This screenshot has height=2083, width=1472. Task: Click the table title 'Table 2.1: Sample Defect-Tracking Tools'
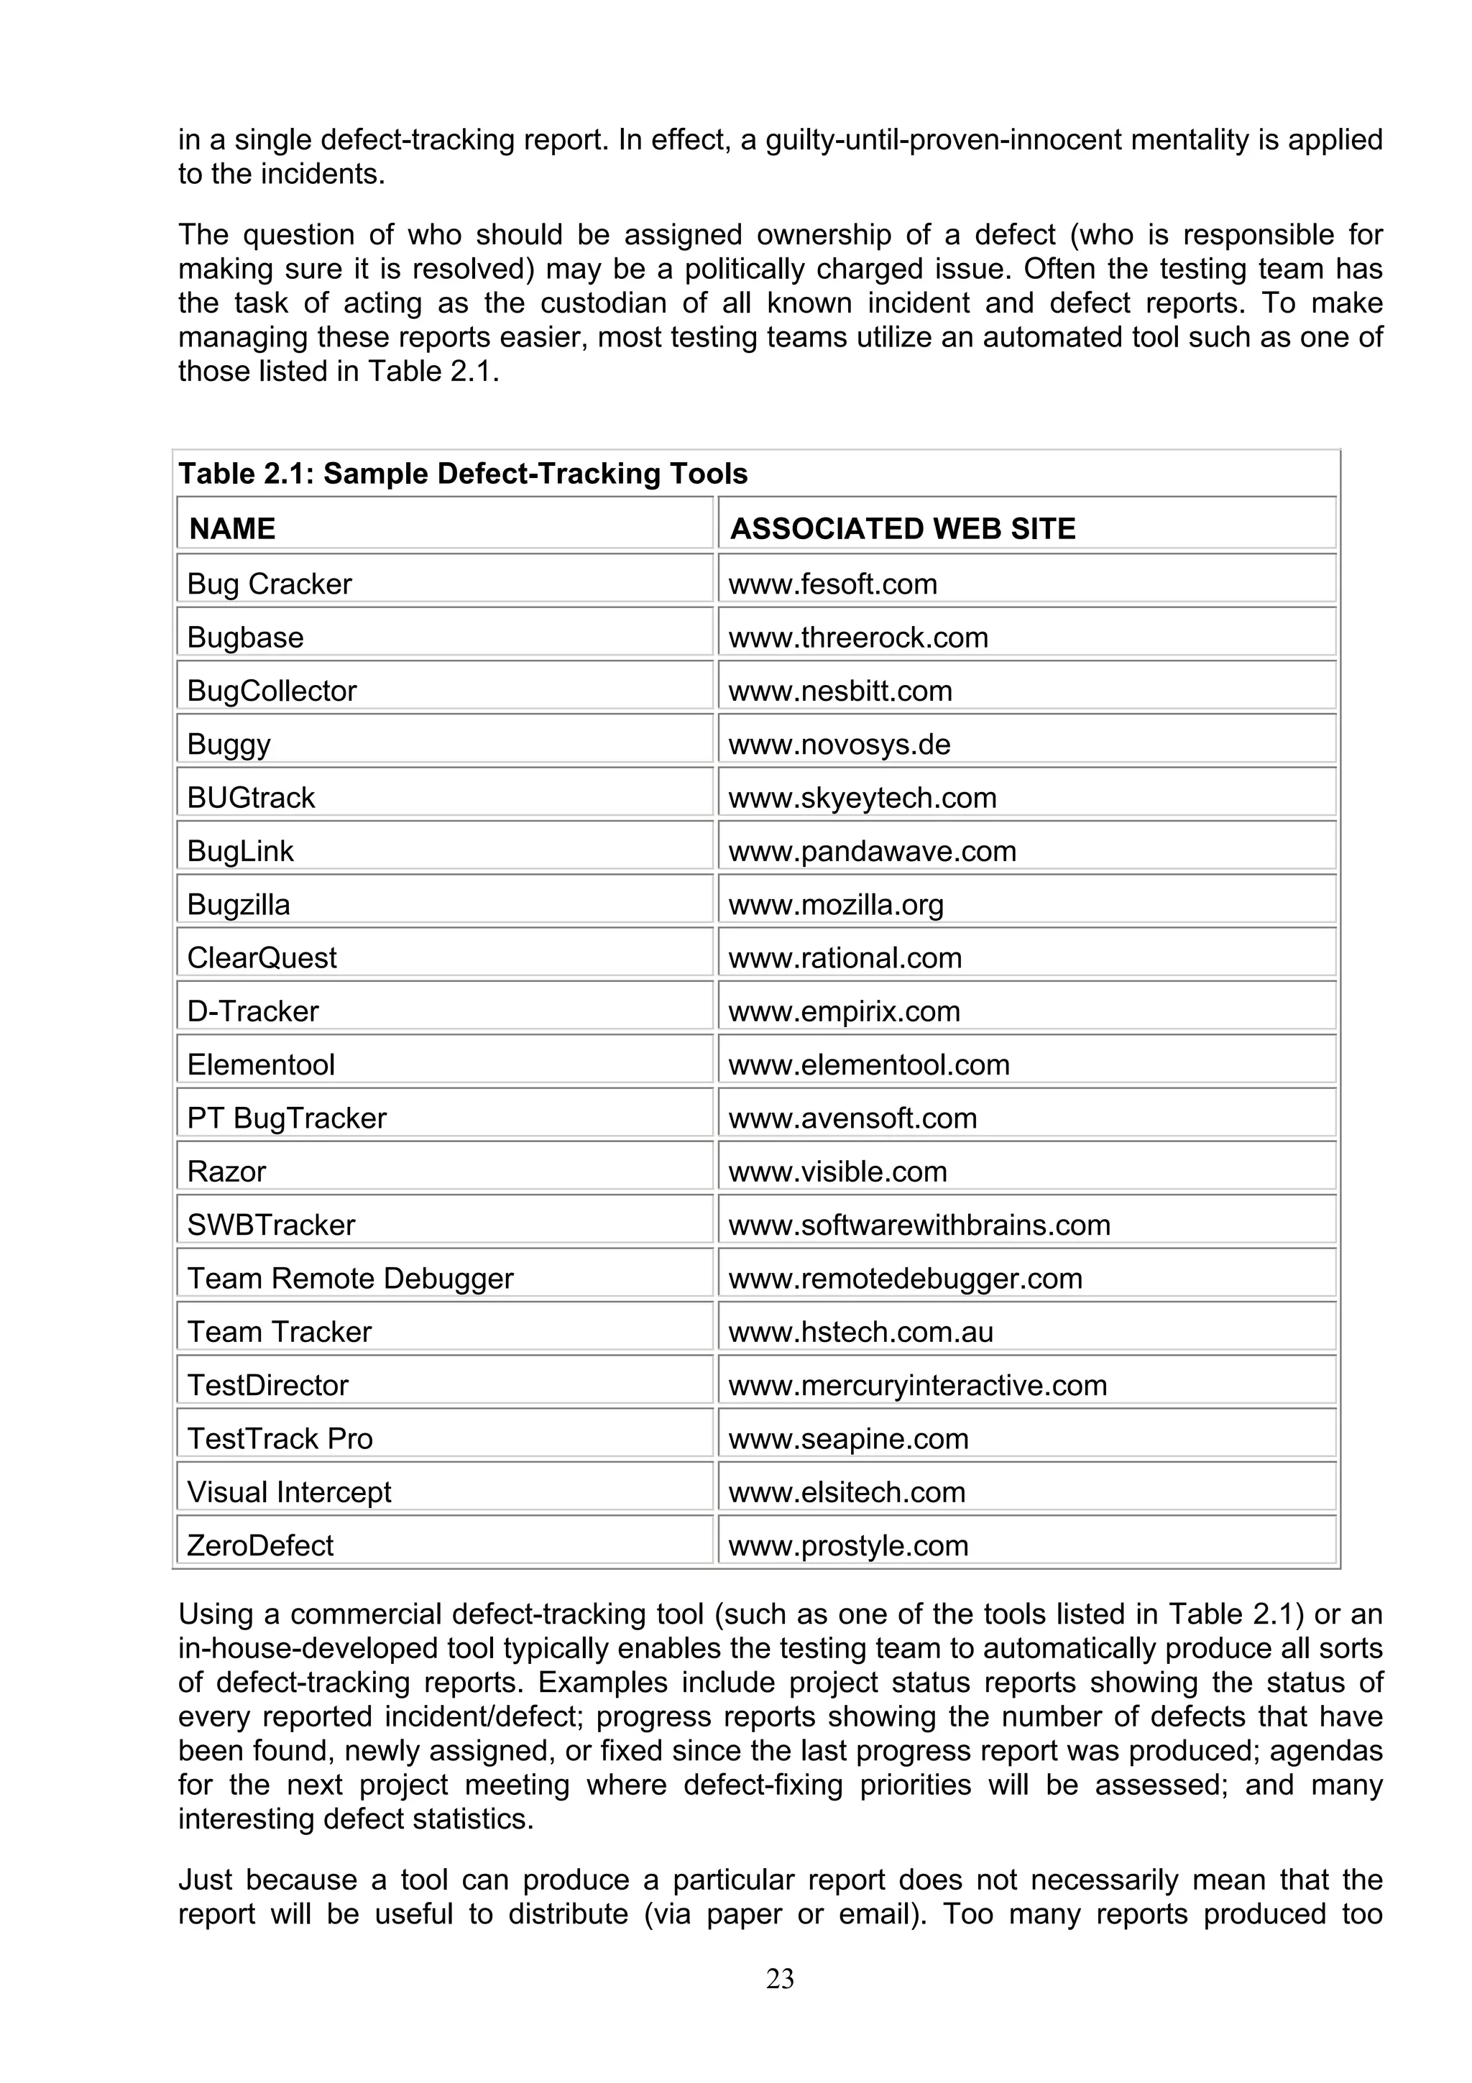coord(463,474)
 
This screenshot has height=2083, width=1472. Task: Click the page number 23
coord(780,1979)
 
